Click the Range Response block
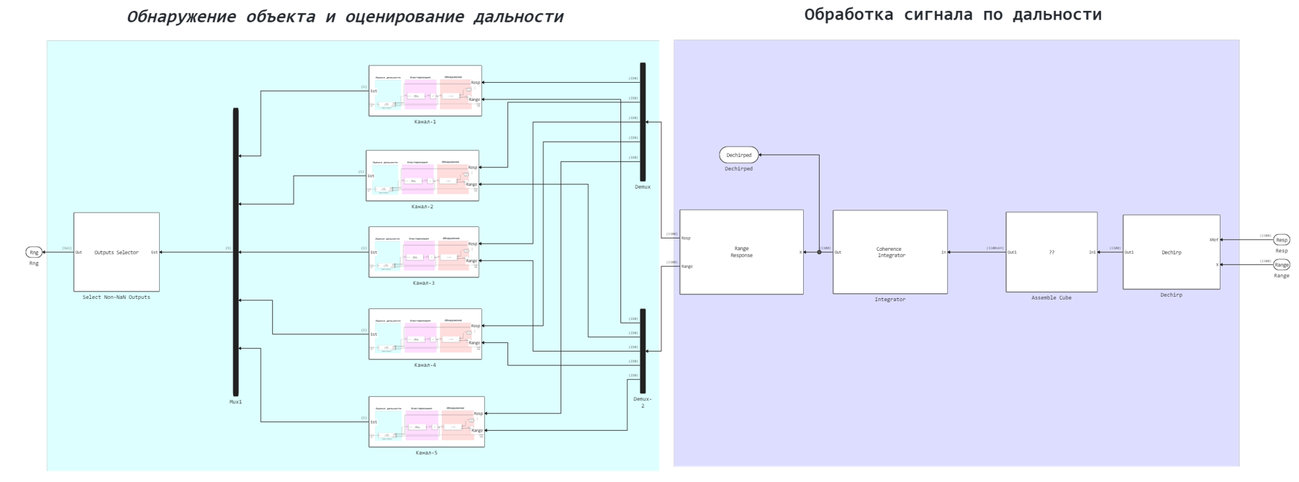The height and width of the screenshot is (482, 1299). [741, 252]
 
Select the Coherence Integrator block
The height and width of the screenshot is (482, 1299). [890, 252]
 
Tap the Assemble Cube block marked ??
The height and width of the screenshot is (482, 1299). [1051, 252]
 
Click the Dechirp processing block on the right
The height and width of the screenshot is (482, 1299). [1171, 252]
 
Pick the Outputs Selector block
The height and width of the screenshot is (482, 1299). [117, 252]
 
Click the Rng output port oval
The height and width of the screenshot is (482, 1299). [34, 252]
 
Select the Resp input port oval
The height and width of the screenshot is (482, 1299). [1281, 240]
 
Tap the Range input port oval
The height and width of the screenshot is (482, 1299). [1281, 265]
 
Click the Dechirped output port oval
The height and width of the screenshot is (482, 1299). [738, 155]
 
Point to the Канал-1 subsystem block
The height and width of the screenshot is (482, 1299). [425, 91]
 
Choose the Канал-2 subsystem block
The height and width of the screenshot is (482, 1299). [422, 176]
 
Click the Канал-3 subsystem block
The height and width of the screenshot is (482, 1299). [424, 252]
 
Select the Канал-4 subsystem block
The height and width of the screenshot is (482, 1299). [425, 334]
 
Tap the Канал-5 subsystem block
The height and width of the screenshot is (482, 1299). [426, 422]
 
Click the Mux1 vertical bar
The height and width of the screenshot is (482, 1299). [235, 252]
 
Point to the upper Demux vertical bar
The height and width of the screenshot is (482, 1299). [643, 122]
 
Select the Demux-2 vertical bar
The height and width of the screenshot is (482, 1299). [643, 351]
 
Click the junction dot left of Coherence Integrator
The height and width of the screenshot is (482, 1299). [819, 252]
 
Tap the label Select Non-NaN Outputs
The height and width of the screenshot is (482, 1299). [117, 298]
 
